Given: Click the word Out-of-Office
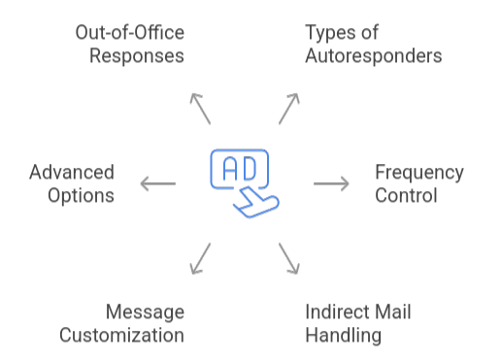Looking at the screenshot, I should (129, 34).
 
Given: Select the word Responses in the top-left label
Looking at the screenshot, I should (137, 55).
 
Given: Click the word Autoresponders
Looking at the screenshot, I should (373, 55).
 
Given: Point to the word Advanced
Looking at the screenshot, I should (71, 173).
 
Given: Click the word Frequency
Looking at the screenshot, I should (419, 173).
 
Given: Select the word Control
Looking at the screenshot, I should (407, 195).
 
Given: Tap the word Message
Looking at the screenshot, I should (146, 312).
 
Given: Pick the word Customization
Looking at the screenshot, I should (122, 335).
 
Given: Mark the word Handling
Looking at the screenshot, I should (344, 335).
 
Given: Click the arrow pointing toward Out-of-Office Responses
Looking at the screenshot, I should (200, 109).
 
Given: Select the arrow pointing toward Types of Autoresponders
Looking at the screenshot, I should (290, 109).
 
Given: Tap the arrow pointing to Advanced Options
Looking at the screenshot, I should (158, 183).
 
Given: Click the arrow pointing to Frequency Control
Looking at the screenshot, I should (331, 183).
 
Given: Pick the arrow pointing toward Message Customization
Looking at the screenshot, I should (200, 257).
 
